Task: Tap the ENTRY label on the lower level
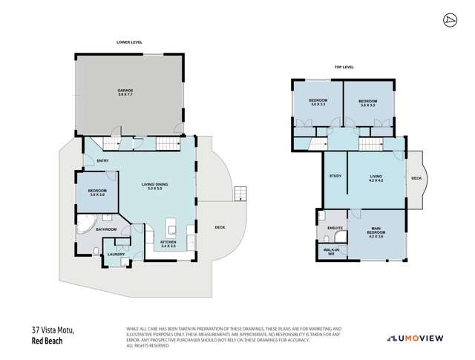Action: (102, 161)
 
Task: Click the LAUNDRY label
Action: (116, 254)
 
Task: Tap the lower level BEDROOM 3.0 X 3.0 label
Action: (98, 193)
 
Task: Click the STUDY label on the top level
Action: (335, 176)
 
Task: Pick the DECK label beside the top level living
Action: (416, 178)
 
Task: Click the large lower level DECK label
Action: (220, 227)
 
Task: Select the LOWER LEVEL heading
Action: (129, 42)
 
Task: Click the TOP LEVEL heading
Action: (344, 67)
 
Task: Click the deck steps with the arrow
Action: (238, 194)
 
